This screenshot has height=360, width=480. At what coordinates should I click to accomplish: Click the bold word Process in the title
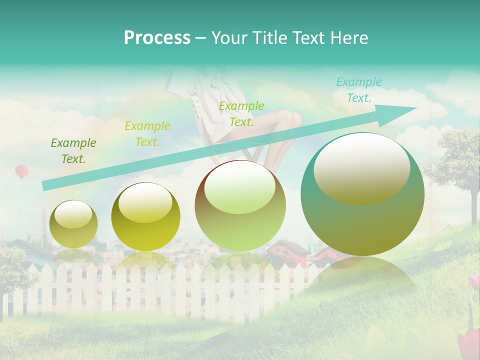157,37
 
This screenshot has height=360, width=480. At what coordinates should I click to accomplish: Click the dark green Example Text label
73,151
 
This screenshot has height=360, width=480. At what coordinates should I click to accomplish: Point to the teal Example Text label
358,90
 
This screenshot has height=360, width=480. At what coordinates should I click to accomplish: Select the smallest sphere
73,224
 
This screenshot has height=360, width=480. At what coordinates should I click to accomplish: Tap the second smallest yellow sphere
145,217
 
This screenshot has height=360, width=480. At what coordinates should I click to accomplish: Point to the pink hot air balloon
22,171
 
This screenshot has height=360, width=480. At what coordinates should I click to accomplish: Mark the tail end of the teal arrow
45,186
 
